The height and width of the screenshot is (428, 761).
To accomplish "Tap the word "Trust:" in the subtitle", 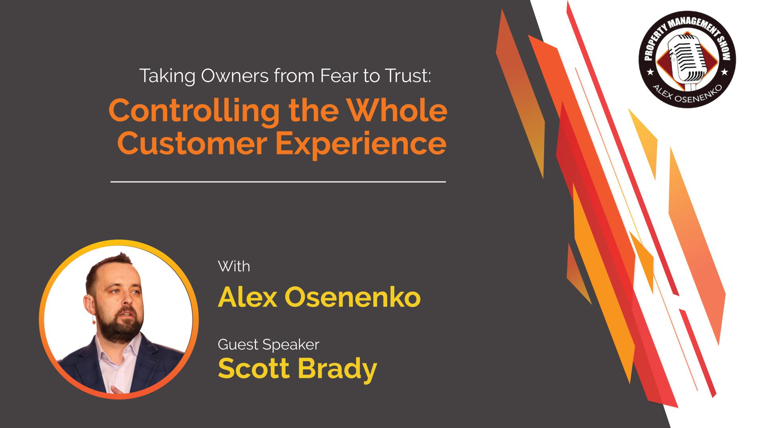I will click(x=408, y=76).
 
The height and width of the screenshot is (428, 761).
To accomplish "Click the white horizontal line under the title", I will click(x=278, y=182).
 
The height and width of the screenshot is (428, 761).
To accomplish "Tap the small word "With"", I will click(x=234, y=266).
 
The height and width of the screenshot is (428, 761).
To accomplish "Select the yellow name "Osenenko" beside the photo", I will click(x=352, y=297).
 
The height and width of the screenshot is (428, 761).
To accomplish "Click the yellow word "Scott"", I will click(x=254, y=368).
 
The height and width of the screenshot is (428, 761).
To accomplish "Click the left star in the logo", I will click(x=650, y=72).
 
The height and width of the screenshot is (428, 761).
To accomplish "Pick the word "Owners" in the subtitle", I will click(x=235, y=76).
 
